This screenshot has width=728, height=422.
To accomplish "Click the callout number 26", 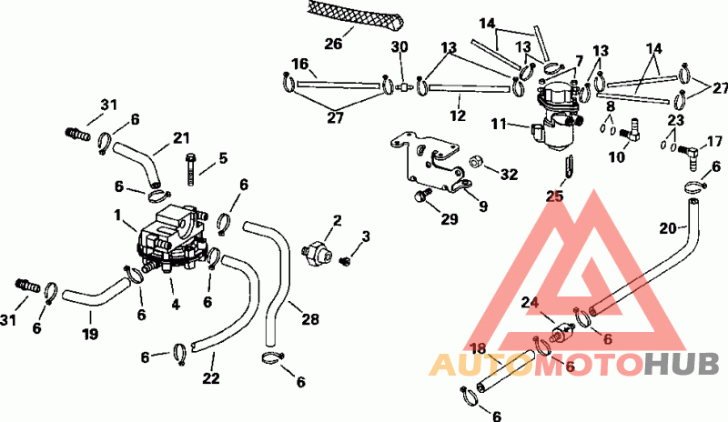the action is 334,44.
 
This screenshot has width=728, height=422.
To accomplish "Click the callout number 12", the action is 458,116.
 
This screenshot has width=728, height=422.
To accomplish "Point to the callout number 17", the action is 714,141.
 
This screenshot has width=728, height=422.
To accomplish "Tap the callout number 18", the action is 478,348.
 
